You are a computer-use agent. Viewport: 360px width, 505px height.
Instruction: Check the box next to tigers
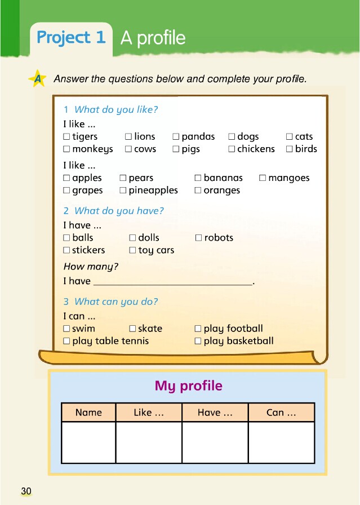click(x=66, y=136)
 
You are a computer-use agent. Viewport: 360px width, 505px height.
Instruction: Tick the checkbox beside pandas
click(x=176, y=136)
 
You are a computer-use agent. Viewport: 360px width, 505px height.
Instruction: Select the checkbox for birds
click(x=290, y=149)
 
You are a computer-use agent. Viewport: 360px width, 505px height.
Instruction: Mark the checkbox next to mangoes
click(x=263, y=178)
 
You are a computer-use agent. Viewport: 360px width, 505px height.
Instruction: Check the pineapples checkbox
click(x=123, y=191)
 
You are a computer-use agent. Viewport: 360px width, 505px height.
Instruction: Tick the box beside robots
click(x=198, y=238)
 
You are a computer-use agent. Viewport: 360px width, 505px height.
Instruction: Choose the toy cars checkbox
click(x=132, y=250)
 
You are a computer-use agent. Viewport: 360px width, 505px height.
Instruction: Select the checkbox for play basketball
click(x=198, y=341)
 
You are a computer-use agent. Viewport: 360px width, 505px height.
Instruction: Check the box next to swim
click(x=66, y=329)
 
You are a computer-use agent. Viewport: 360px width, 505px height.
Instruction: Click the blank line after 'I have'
click(x=172, y=281)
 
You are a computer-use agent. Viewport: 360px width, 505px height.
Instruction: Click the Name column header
click(x=88, y=413)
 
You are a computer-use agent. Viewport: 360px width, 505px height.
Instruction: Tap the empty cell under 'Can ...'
click(x=281, y=442)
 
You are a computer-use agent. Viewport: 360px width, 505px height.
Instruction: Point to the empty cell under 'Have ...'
click(x=215, y=442)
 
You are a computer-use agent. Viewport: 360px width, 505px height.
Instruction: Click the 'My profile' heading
click(x=188, y=386)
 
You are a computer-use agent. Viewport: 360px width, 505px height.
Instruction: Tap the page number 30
click(x=26, y=491)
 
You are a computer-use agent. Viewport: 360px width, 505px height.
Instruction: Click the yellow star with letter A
click(x=38, y=79)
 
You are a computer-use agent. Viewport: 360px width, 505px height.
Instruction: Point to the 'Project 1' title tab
click(x=71, y=38)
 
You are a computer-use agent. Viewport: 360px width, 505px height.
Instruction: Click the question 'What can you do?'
click(x=116, y=302)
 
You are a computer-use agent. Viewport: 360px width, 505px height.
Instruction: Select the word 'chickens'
click(x=256, y=149)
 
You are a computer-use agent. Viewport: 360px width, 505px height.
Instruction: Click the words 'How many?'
click(x=91, y=267)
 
